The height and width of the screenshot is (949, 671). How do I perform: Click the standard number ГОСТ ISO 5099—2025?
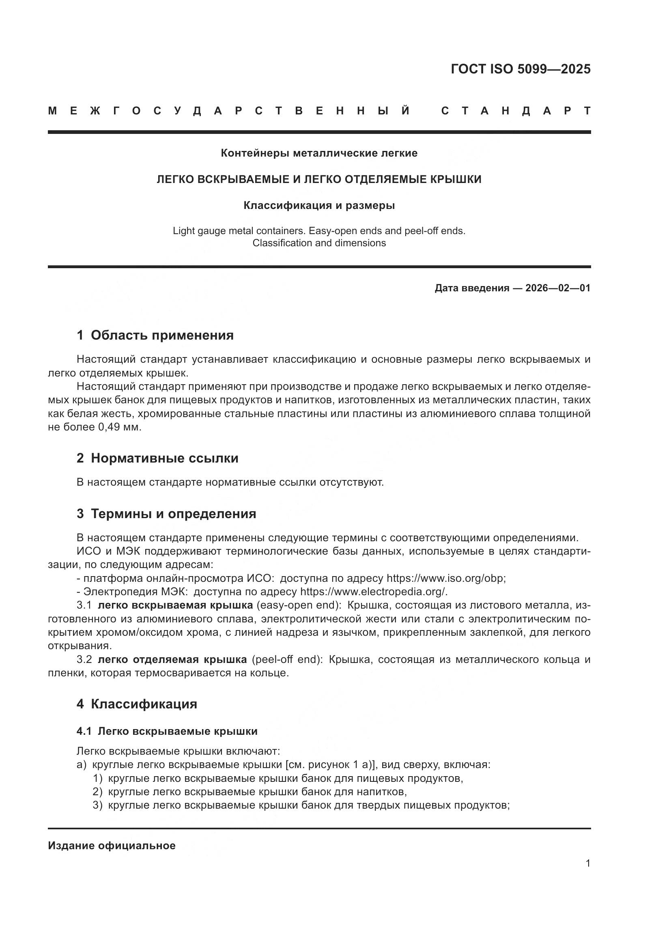[x=520, y=69]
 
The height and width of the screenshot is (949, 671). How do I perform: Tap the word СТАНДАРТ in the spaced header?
[x=516, y=111]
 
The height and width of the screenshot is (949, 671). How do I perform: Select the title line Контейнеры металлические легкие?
[x=319, y=153]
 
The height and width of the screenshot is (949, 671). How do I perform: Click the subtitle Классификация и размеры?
[x=319, y=205]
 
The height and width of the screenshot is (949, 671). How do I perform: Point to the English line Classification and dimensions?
[x=319, y=243]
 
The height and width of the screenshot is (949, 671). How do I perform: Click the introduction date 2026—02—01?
[x=558, y=288]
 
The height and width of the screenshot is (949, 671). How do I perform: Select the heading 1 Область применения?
[x=155, y=335]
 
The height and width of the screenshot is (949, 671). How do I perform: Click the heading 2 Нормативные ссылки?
[x=157, y=458]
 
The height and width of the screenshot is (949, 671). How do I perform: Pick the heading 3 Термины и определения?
[x=166, y=514]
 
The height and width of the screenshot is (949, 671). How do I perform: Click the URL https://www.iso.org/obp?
[x=445, y=578]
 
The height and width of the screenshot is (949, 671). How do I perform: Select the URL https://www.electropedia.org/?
[x=374, y=592]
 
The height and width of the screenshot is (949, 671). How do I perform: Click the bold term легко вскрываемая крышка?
[x=175, y=605]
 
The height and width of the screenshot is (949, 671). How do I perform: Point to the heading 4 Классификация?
[x=137, y=704]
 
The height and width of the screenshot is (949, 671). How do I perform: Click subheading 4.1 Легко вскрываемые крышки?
[x=167, y=731]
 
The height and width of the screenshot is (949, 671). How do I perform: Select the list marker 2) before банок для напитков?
[x=97, y=792]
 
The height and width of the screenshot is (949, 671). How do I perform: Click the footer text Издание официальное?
[x=112, y=846]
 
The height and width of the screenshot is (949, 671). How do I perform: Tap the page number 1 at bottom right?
[x=587, y=863]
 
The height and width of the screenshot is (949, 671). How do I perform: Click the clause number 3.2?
[x=84, y=659]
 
